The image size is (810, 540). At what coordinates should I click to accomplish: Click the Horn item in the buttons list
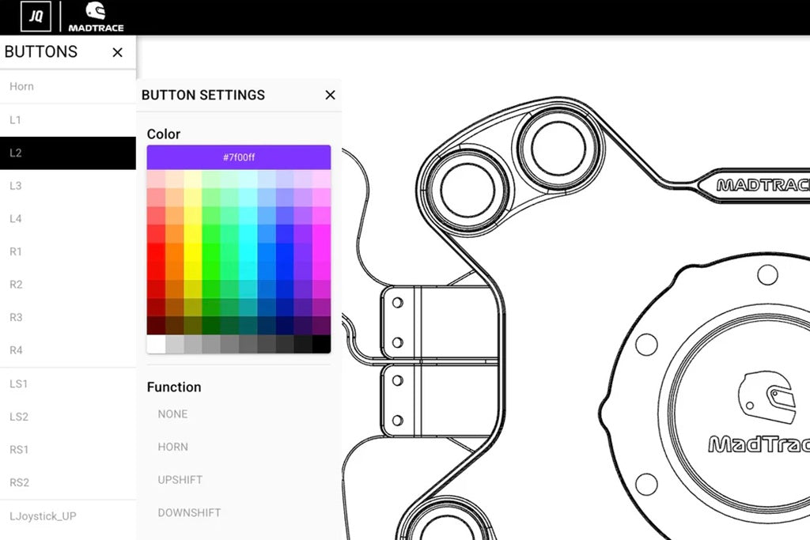point(22,87)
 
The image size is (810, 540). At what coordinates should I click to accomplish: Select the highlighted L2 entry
point(67,153)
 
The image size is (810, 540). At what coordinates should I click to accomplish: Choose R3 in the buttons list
point(16,317)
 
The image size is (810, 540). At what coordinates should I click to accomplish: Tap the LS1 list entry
point(19,383)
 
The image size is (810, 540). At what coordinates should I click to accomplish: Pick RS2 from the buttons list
point(19,482)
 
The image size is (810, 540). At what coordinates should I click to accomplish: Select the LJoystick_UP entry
point(43,515)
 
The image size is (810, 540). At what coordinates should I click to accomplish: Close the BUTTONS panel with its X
point(118,52)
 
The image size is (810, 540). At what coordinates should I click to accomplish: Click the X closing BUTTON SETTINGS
point(330,95)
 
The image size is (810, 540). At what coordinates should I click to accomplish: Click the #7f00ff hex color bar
point(238,157)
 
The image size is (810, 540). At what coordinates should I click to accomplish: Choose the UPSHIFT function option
point(180,480)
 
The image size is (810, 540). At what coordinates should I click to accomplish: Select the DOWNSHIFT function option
point(189,512)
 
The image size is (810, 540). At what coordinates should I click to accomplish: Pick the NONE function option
point(172,413)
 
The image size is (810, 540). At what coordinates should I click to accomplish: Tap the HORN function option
point(172,447)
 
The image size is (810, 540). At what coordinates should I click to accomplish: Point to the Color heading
point(164,134)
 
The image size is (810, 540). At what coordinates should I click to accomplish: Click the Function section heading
point(174,387)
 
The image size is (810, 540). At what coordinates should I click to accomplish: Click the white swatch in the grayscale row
point(156,345)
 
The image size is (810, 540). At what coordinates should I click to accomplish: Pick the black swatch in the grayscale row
point(321,345)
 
